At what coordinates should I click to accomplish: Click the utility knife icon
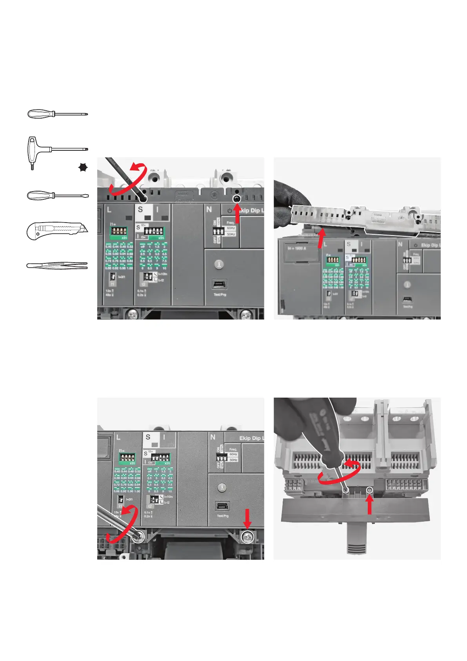[57, 231]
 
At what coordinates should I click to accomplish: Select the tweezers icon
[57, 266]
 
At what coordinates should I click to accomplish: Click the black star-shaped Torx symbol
[83, 168]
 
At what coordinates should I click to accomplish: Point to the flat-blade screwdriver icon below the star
[57, 195]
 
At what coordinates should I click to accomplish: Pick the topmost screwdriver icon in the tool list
[57, 114]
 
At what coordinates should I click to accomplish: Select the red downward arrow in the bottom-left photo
[247, 519]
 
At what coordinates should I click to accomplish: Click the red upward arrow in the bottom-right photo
[369, 504]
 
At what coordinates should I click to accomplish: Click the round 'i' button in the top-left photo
[219, 264]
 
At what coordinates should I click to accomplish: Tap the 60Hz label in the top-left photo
[231, 228]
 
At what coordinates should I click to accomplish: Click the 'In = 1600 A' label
[297, 248]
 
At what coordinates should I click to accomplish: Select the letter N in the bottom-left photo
[213, 437]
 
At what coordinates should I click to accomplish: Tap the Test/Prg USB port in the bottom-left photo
[222, 506]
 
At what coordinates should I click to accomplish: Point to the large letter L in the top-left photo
[109, 210]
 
